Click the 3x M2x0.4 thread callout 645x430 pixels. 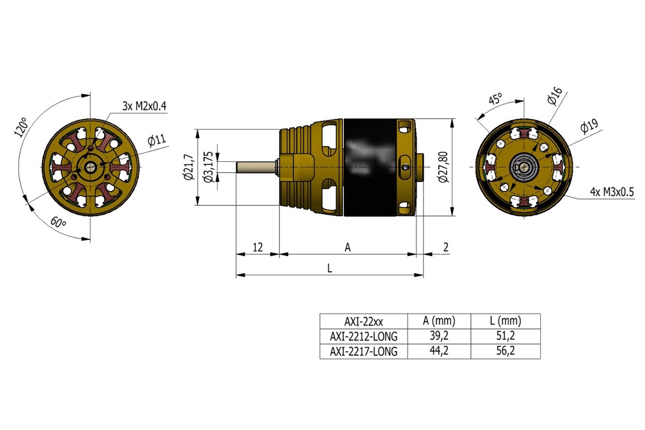[145, 106]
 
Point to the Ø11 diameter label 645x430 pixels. [157, 141]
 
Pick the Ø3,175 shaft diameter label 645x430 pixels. [209, 167]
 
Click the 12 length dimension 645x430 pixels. [257, 247]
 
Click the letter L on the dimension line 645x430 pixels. [329, 268]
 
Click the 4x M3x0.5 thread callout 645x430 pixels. [611, 192]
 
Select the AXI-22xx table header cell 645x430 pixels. [363, 321]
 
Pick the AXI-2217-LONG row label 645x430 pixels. [363, 352]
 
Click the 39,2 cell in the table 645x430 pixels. [439, 336]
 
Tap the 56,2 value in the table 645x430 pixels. [505, 352]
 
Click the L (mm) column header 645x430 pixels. [505, 321]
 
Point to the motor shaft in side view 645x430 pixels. [256, 167]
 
